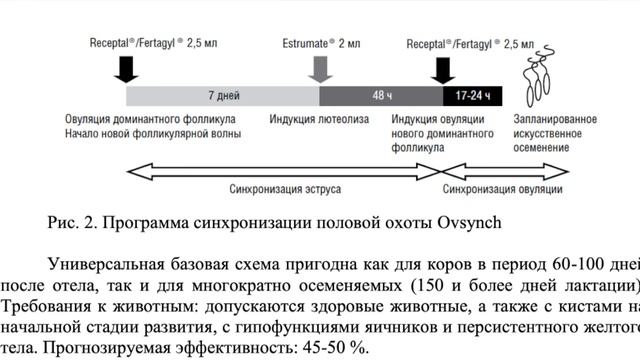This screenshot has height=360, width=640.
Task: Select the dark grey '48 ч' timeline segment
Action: coord(381,95)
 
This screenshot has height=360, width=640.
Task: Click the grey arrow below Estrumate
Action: coord(321,68)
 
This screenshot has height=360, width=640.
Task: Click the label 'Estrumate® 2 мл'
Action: coord(321,44)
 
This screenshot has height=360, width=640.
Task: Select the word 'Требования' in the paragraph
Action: coord(48,301)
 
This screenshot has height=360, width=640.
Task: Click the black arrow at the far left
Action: coord(127,68)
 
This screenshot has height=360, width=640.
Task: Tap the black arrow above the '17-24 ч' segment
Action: coord(441,68)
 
